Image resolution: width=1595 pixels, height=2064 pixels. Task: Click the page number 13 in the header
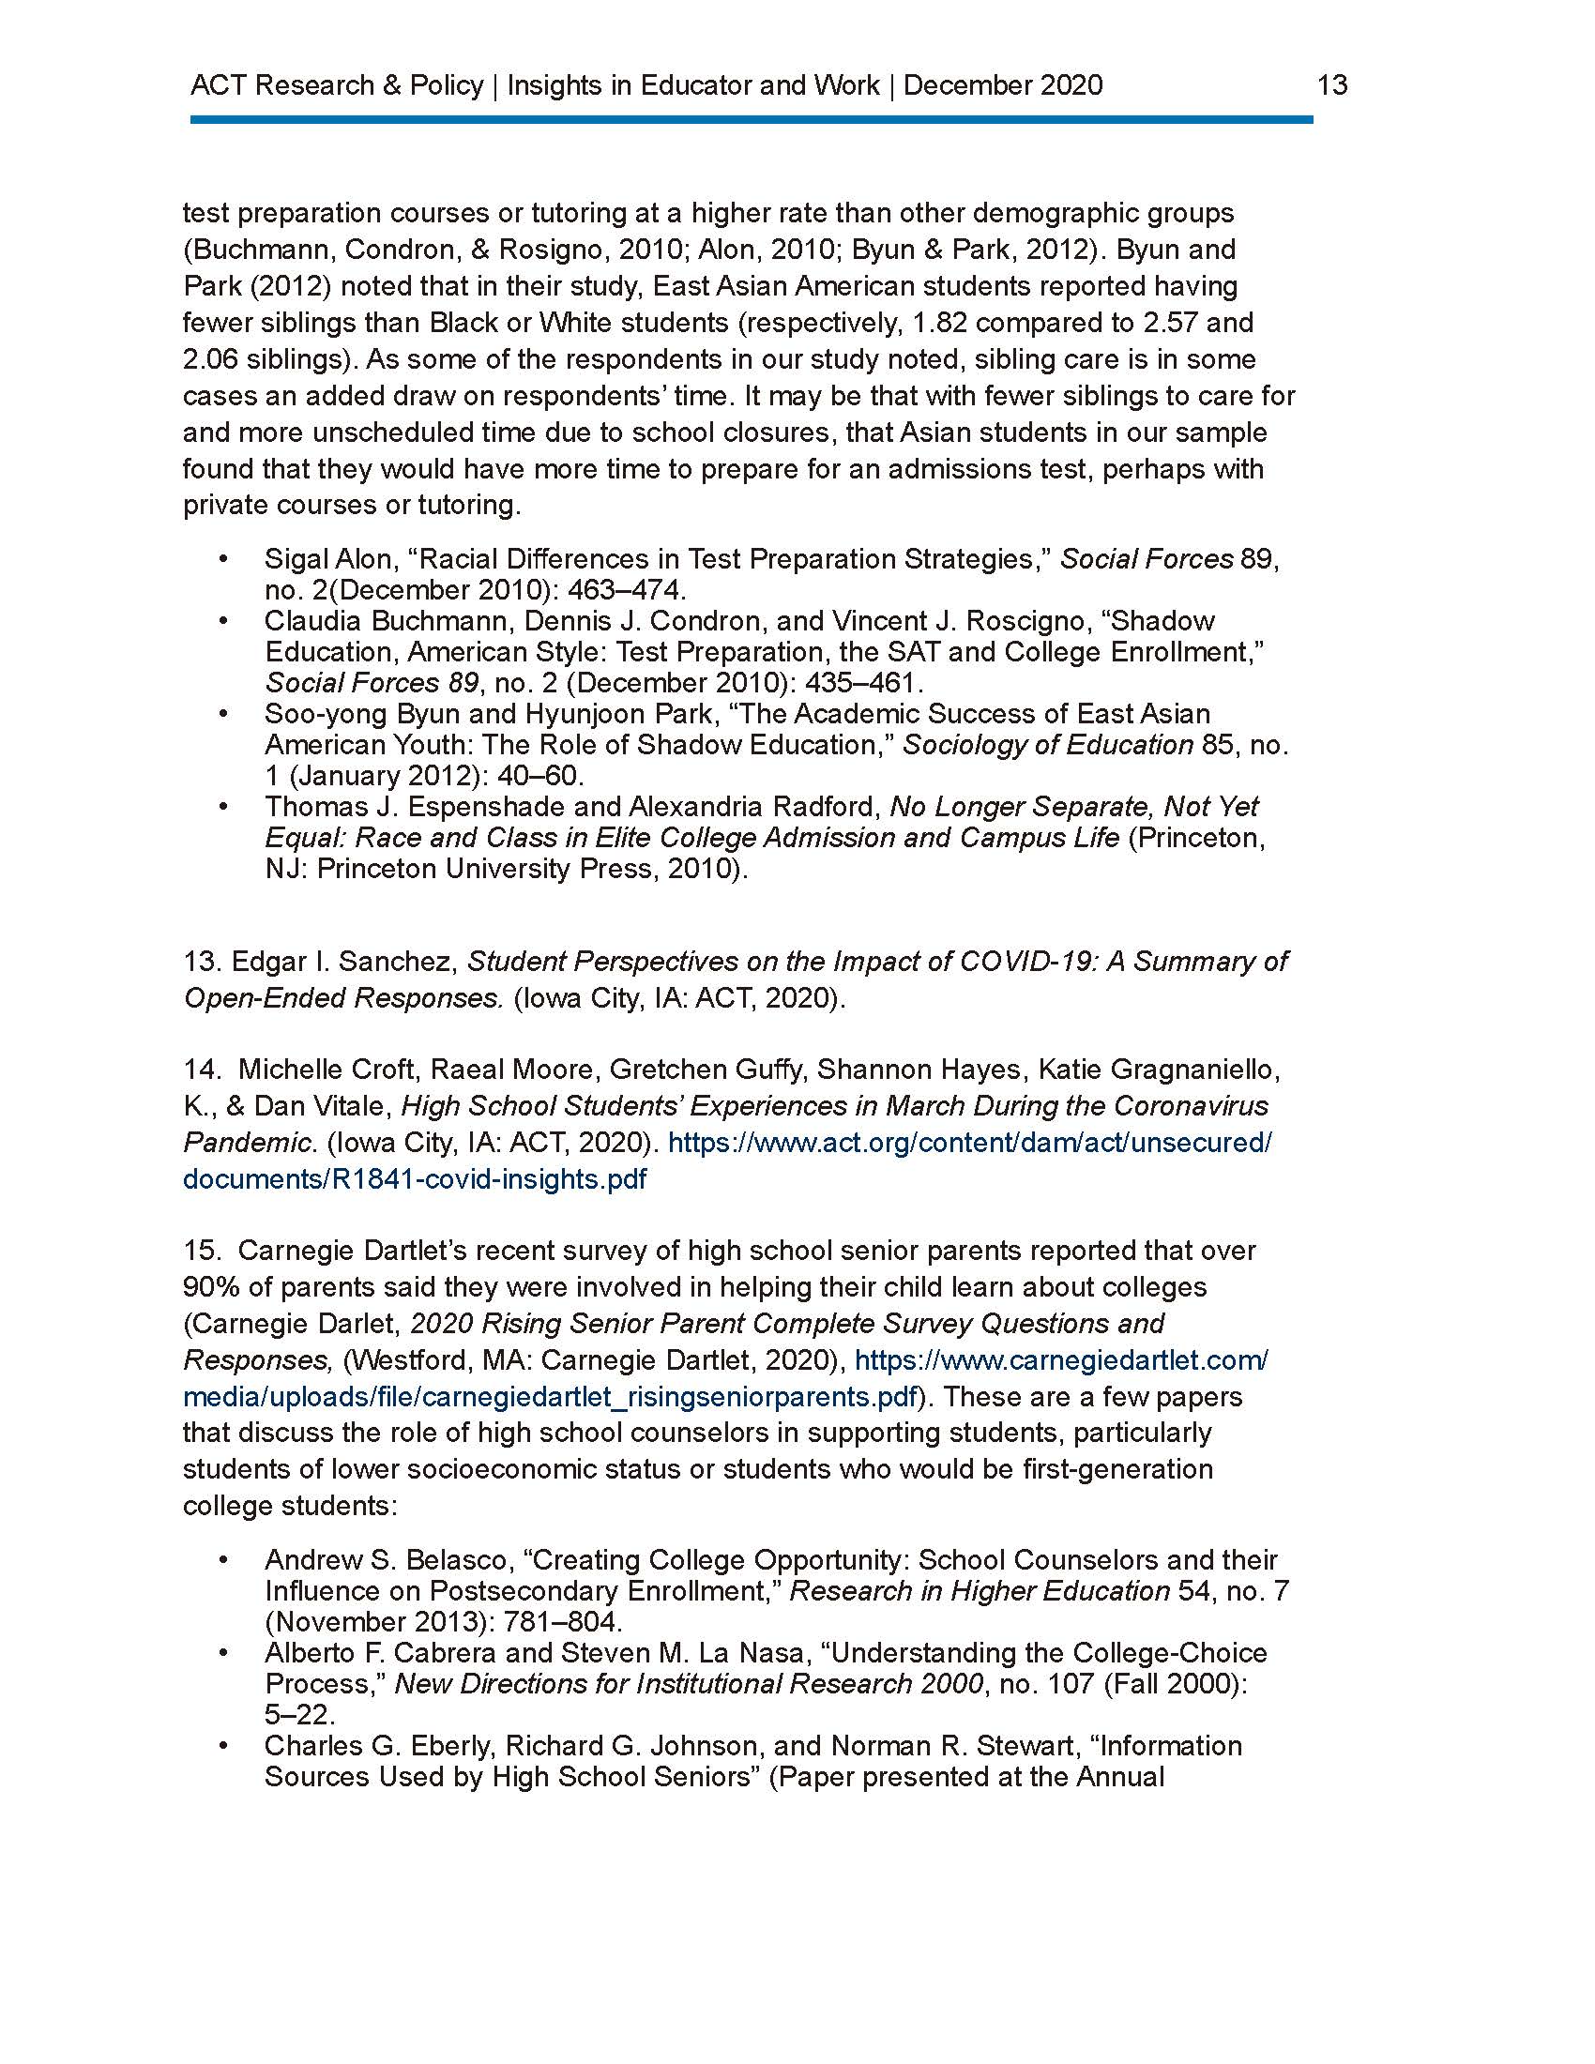(1331, 86)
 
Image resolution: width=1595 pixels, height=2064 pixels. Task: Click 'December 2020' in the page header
(1003, 86)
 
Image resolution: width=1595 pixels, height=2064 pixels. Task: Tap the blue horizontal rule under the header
(752, 120)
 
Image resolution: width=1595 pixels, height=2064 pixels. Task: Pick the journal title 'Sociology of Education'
(1048, 745)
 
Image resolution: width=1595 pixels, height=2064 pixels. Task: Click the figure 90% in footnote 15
(210, 1287)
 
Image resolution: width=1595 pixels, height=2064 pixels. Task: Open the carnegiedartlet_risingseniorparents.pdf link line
(552, 1397)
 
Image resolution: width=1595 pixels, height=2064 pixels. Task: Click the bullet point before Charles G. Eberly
(224, 1746)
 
